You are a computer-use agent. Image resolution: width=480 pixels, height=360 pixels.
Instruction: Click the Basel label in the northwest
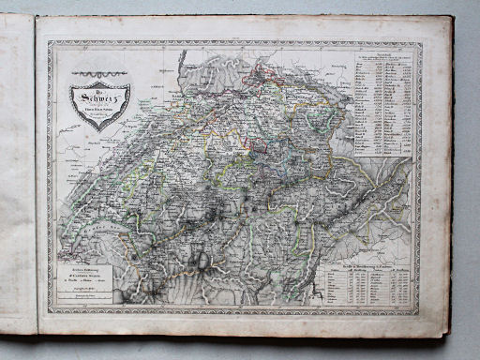(171, 94)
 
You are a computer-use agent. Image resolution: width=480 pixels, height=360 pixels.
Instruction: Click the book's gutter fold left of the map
(37, 178)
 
